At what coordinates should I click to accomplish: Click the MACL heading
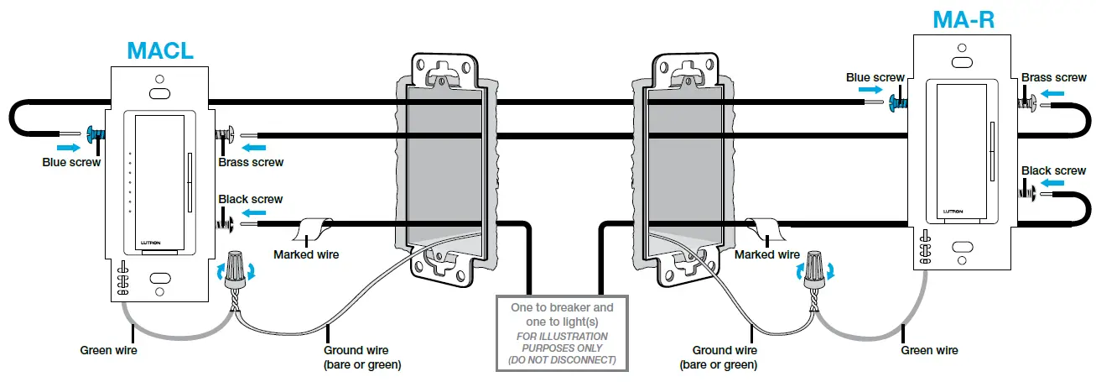160,50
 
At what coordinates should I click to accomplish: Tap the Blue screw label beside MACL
71,161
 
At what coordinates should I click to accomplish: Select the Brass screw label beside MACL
251,162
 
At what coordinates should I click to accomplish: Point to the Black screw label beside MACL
250,199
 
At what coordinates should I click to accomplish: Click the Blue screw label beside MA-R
875,77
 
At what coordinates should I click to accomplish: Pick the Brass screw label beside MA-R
1053,77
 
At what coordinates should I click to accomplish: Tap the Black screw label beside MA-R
1053,170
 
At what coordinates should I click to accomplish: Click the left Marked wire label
307,254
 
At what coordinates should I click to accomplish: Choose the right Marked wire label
766,254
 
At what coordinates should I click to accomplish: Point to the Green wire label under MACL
108,350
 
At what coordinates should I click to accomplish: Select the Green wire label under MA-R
929,350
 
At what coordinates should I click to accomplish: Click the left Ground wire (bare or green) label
362,357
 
